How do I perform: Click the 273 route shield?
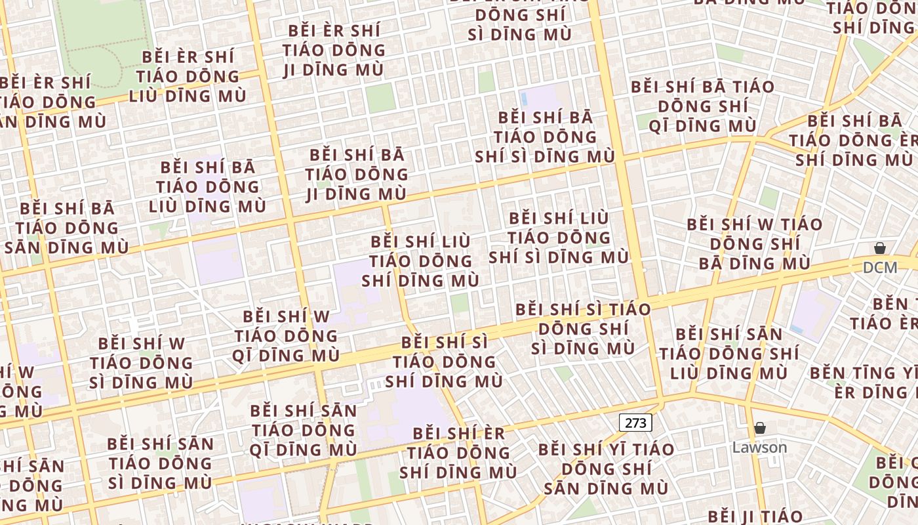[x=635, y=423]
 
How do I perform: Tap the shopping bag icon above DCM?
[x=879, y=248]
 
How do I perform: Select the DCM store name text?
[x=879, y=267]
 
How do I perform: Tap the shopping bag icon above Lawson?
[x=759, y=429]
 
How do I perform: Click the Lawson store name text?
[x=759, y=448]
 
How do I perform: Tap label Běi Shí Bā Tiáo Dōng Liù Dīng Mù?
[x=207, y=187]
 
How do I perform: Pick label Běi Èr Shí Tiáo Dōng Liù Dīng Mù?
[x=188, y=76]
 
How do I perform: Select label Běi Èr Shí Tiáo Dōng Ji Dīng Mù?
[x=334, y=50]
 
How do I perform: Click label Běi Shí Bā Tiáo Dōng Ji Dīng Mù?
[x=356, y=175]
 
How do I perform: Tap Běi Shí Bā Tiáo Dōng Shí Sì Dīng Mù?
[x=545, y=137]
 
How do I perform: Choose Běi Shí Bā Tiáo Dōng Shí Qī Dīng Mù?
[x=702, y=106]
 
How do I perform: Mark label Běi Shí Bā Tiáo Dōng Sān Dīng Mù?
[x=66, y=228]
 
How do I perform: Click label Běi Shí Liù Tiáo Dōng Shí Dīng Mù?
[x=420, y=261]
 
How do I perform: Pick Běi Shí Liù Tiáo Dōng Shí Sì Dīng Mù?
[x=559, y=237]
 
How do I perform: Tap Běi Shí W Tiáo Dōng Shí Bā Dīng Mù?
[x=754, y=244]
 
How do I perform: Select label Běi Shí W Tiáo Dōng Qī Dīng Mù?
[x=285, y=336]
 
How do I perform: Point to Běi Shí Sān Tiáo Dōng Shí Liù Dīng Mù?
[x=728, y=354]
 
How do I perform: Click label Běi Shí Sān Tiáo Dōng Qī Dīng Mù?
[x=303, y=430]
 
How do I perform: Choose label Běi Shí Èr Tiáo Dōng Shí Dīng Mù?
[x=458, y=453]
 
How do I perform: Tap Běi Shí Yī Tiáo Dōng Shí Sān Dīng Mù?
[x=606, y=469]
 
